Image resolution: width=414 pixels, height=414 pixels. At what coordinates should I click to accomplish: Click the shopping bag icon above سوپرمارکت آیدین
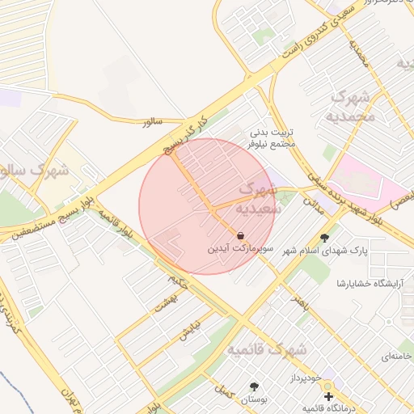click(x=241, y=235)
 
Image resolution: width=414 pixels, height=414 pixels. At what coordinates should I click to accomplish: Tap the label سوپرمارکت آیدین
click(x=241, y=249)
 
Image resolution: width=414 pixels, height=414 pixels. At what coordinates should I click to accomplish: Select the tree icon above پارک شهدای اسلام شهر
click(x=325, y=238)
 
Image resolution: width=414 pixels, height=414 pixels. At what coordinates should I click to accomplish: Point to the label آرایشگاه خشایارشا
click(x=374, y=283)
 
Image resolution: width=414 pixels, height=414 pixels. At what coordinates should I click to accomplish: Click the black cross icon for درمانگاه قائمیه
click(x=328, y=397)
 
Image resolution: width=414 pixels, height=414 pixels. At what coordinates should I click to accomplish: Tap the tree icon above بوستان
click(x=255, y=387)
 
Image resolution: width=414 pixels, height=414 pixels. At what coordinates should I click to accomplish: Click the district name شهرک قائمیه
click(x=267, y=350)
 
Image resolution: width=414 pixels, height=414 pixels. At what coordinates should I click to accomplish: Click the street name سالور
click(x=151, y=121)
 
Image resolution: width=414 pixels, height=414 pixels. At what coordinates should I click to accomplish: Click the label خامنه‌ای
click(x=395, y=356)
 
